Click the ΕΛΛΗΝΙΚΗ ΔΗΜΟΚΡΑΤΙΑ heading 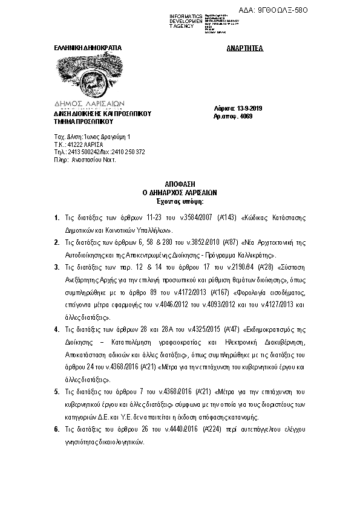(x=89, y=47)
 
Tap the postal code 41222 (x=72, y=144)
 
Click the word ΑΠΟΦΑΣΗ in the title (x=180, y=183)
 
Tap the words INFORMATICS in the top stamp (x=186, y=15)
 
